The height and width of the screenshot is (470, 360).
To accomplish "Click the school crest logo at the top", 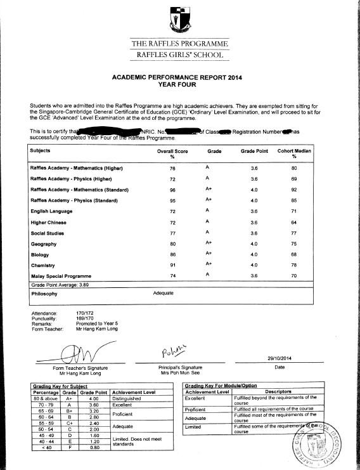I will (179, 19).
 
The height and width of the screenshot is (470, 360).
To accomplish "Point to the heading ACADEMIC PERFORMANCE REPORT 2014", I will (179, 77).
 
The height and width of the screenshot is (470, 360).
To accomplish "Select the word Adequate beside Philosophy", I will (164, 294).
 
